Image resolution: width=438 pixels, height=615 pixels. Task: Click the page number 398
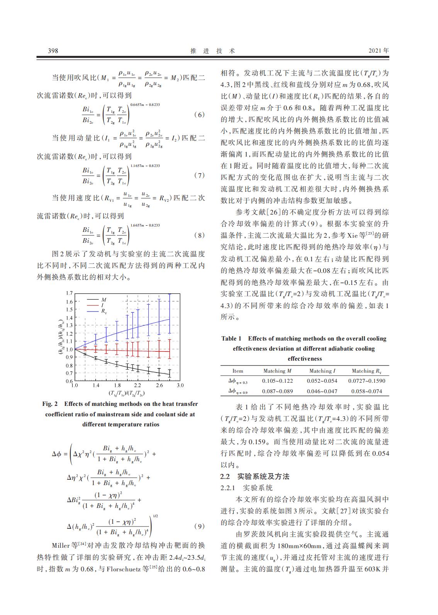[53, 51]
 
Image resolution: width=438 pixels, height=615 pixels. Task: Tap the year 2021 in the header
[375, 51]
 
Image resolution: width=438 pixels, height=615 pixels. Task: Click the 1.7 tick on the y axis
[69, 293]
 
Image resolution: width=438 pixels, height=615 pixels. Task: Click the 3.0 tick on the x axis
[180, 385]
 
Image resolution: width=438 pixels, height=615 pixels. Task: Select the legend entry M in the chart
[104, 300]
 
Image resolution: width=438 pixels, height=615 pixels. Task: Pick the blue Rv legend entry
[104, 311]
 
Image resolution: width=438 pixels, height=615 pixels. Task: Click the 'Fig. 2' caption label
[50, 404]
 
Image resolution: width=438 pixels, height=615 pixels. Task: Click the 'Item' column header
[238, 371]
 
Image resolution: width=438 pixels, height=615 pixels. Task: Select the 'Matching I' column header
[322, 371]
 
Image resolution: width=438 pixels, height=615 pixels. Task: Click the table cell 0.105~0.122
[277, 381]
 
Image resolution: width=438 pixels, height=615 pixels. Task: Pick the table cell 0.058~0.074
[367, 391]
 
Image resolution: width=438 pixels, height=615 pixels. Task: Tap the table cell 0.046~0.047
[322, 391]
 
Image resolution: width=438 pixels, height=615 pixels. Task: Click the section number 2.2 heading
[225, 476]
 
